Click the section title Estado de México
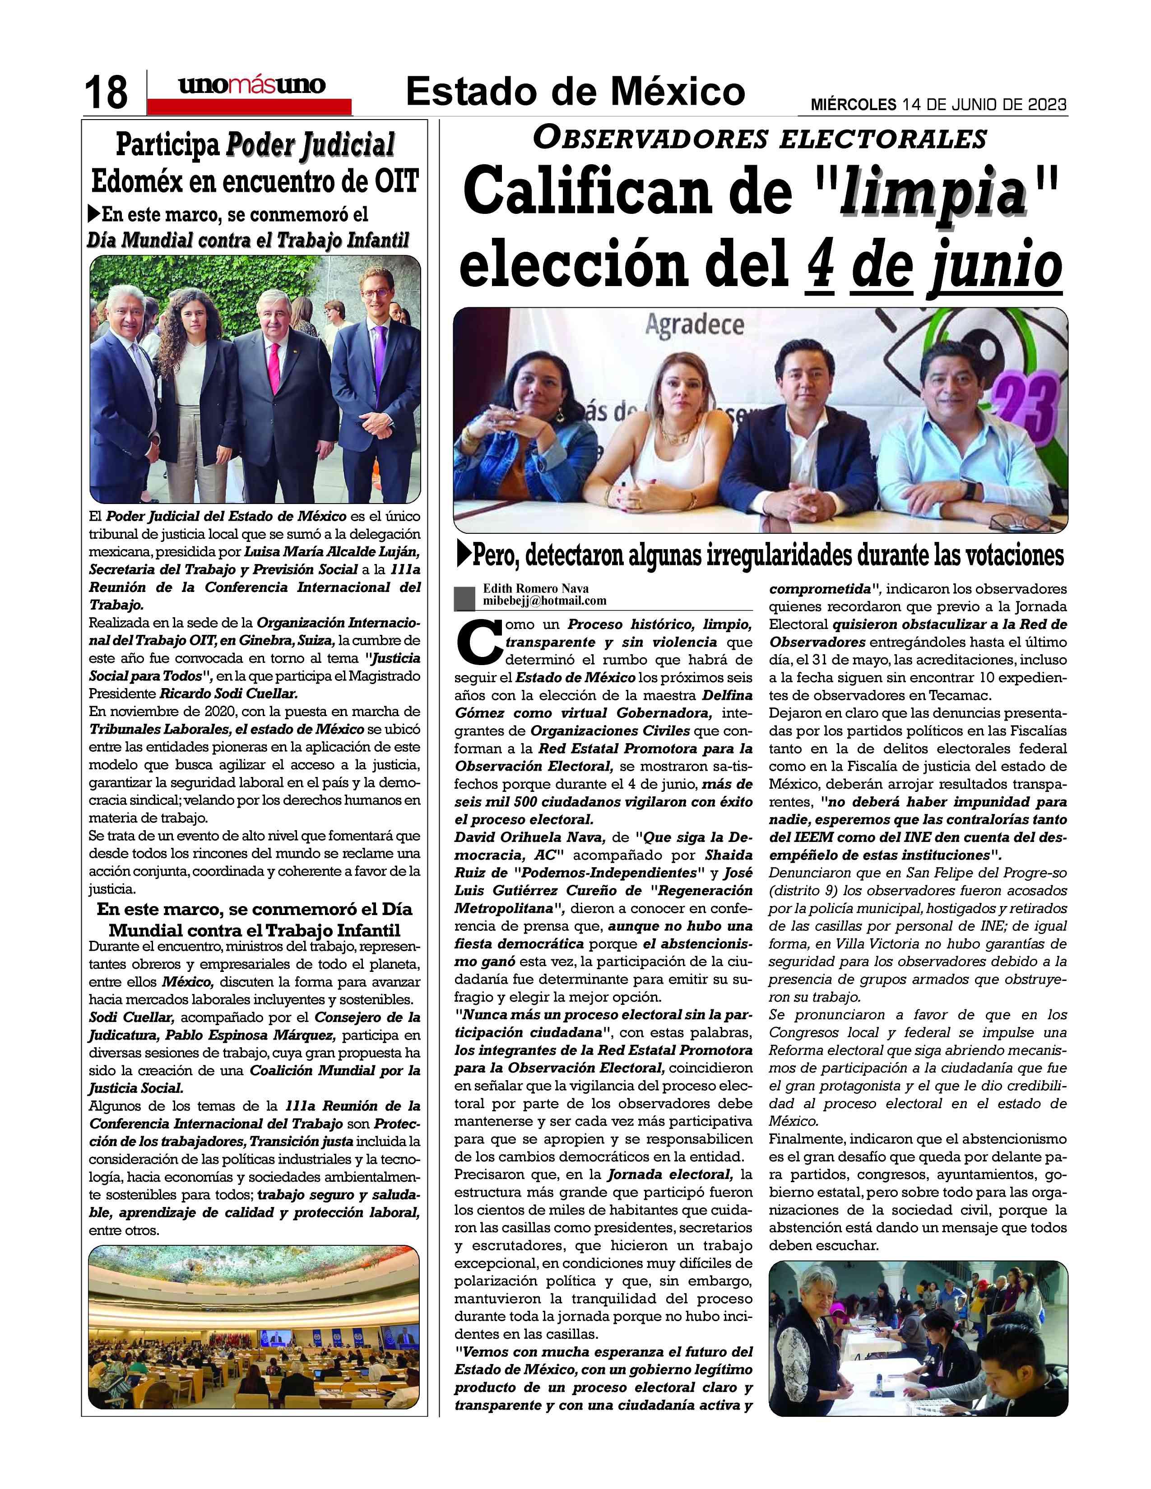click(x=575, y=91)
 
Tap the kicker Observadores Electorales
click(x=760, y=139)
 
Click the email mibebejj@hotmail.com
click(x=544, y=601)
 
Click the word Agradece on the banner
click(x=694, y=326)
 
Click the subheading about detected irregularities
click(x=760, y=555)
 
